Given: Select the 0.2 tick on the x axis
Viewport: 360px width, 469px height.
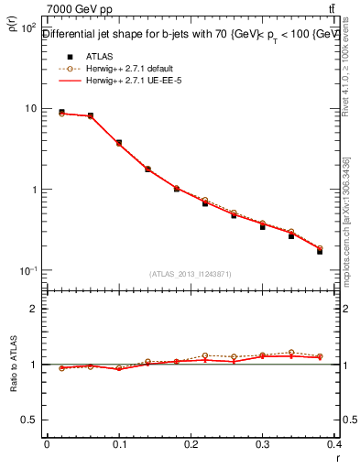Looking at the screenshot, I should click(191, 443).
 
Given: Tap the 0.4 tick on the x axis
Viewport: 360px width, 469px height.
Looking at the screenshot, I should click(334, 443).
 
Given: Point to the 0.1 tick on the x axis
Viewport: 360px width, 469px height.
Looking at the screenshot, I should click(118, 443).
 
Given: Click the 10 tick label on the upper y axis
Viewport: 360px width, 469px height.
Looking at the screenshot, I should click(30, 108).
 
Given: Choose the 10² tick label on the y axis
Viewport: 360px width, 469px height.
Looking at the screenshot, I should click(28, 27).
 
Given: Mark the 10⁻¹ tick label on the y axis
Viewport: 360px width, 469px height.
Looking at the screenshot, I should click(28, 271).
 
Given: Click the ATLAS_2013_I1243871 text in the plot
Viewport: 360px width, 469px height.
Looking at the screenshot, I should click(191, 274).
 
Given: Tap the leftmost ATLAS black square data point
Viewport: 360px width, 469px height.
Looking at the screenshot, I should click(61, 112).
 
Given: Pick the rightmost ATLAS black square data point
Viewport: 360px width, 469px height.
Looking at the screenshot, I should click(320, 251).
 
